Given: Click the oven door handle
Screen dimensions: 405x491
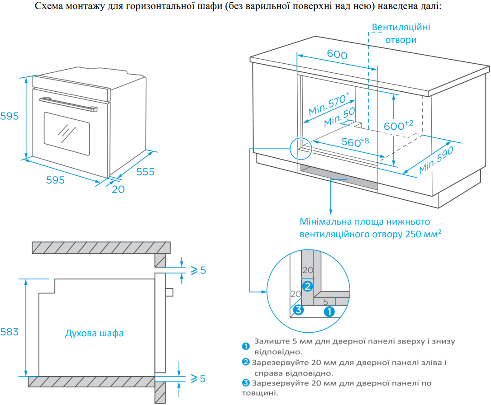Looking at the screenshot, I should point(68,104).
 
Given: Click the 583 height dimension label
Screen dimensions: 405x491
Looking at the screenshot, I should point(10,332).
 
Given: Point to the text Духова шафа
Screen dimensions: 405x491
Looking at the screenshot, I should point(94,334).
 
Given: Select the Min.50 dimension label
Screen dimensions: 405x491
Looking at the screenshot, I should point(339,118).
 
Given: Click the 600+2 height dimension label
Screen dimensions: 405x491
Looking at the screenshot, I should point(399,126).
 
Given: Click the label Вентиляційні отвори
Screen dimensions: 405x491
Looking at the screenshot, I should point(401,33).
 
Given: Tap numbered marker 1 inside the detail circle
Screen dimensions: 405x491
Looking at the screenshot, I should point(329,311).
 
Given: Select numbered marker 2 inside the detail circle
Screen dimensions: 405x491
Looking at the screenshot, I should point(307,286).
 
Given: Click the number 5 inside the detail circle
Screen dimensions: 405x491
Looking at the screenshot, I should point(325,301).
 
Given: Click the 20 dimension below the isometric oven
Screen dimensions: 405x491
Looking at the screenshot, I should point(118,189).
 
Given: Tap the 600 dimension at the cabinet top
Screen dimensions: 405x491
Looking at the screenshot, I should point(337,55).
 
